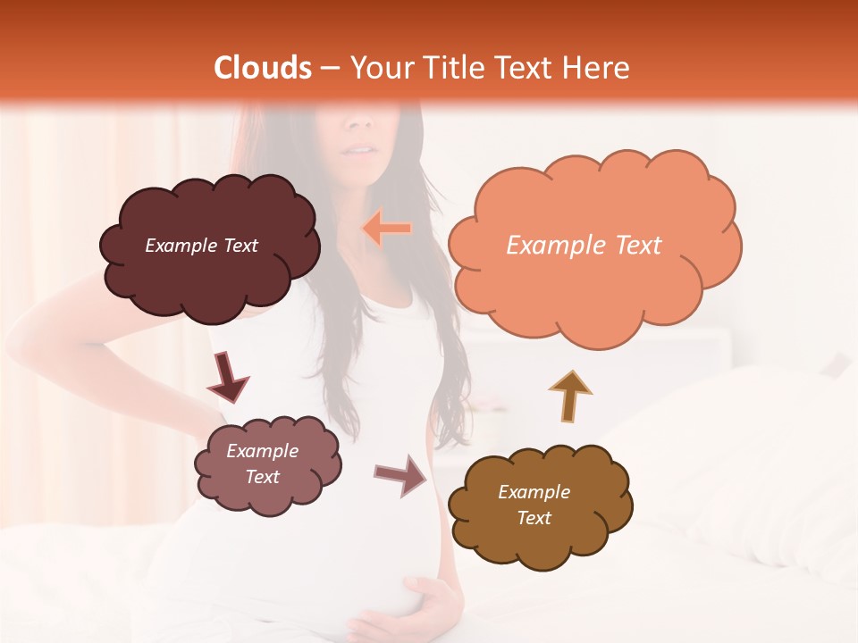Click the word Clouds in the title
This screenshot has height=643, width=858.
[263, 68]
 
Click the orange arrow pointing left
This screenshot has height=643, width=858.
[387, 229]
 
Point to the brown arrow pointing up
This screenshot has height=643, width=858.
[570, 397]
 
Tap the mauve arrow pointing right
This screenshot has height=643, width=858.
[400, 475]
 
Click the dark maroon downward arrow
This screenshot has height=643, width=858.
[228, 378]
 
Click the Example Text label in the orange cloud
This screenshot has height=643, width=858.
[584, 246]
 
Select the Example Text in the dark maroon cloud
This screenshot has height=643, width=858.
[201, 246]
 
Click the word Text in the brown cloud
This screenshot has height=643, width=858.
[534, 518]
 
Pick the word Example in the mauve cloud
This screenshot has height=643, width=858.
[262, 451]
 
